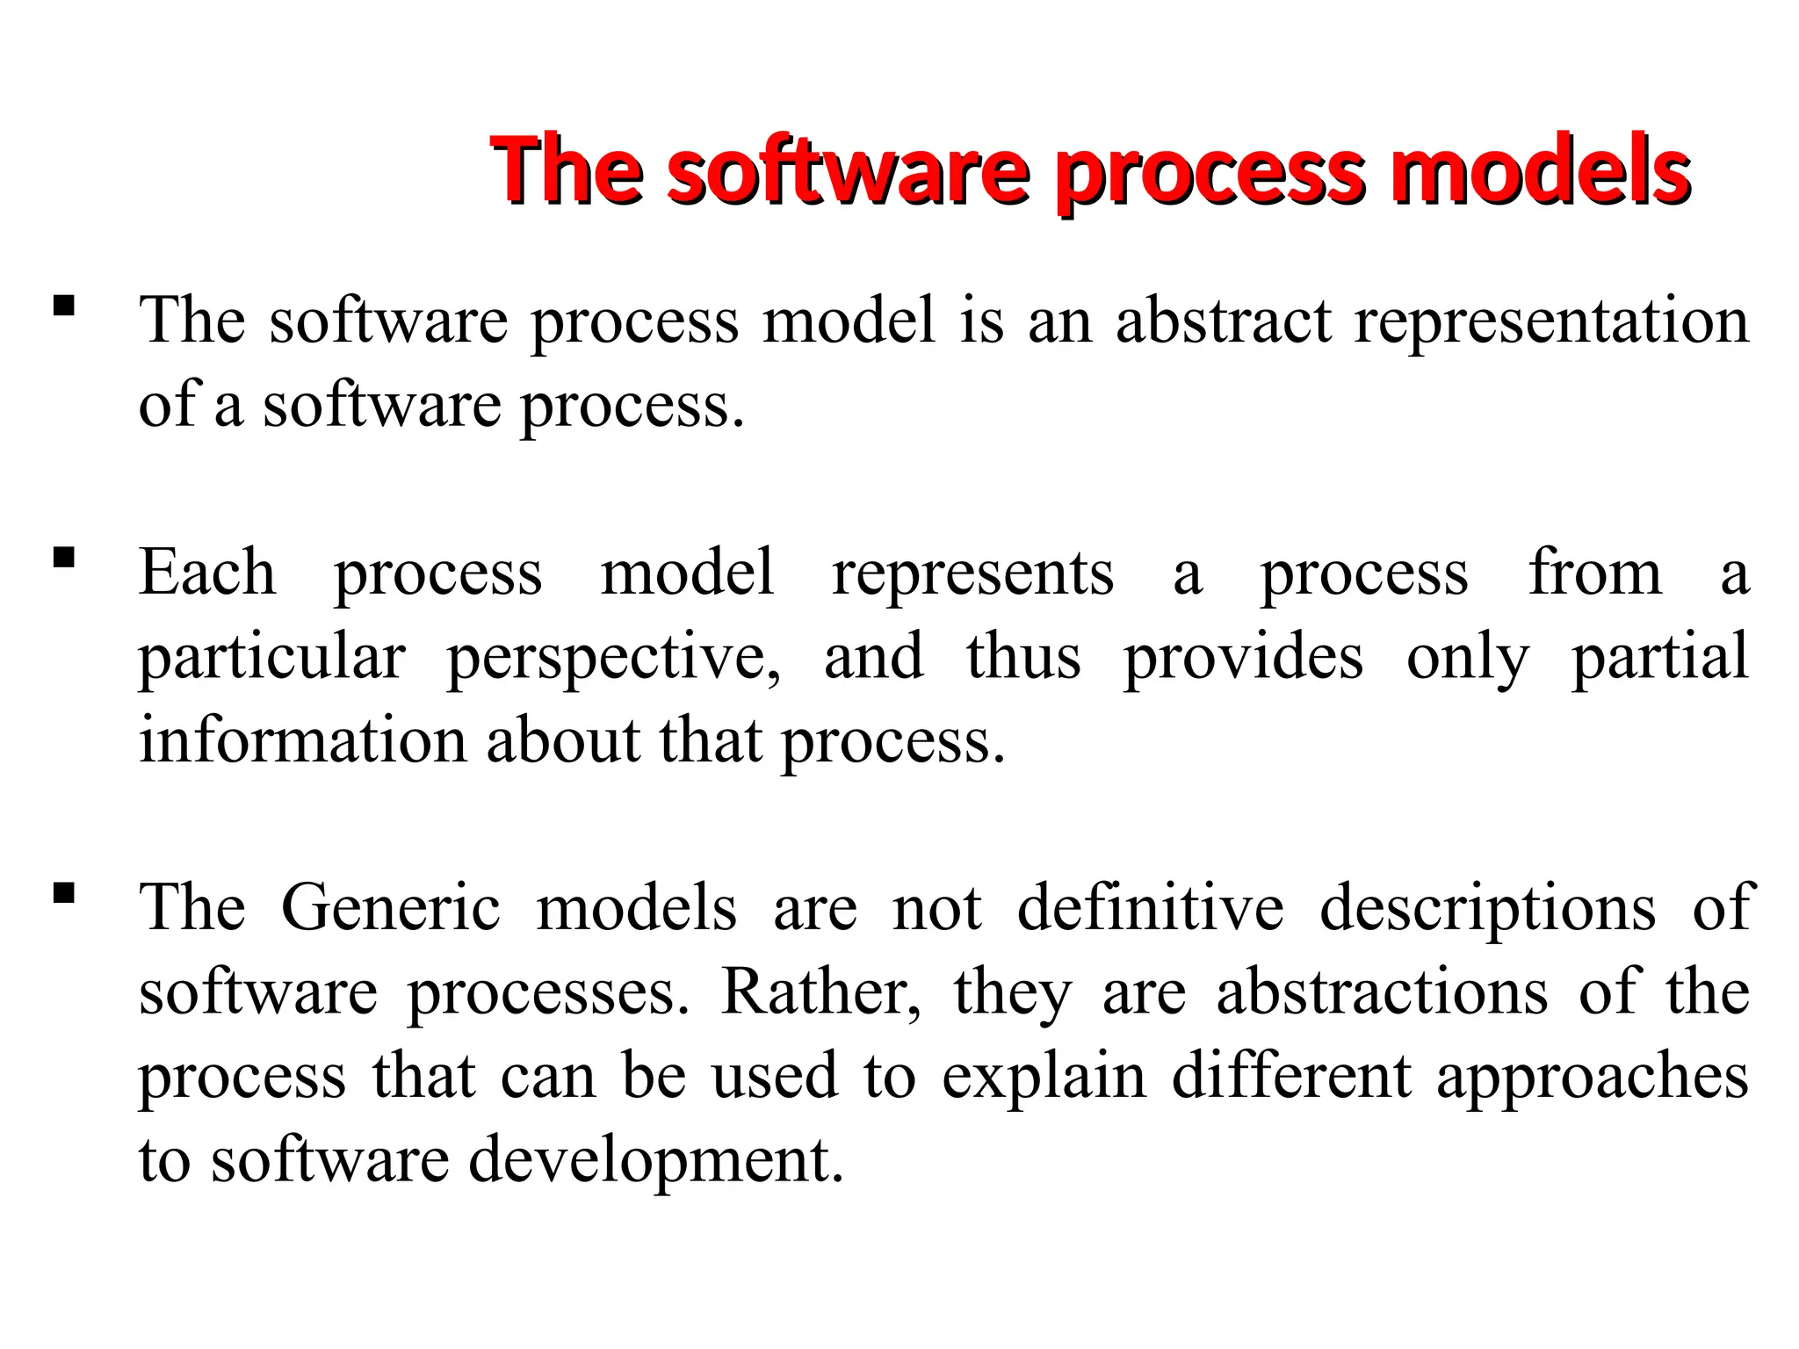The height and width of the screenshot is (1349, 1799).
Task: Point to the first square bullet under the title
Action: tap(64, 307)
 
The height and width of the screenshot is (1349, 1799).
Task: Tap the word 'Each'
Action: tap(207, 573)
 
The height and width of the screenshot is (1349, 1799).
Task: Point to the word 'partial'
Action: tap(1659, 657)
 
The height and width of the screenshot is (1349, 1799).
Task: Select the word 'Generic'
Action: tap(391, 907)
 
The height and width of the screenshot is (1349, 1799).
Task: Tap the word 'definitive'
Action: tap(1151, 907)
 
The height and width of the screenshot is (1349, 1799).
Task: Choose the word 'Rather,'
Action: tap(821, 992)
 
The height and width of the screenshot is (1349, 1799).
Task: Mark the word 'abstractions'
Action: tap(1382, 992)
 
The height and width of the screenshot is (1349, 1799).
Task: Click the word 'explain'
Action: tap(1044, 1077)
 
